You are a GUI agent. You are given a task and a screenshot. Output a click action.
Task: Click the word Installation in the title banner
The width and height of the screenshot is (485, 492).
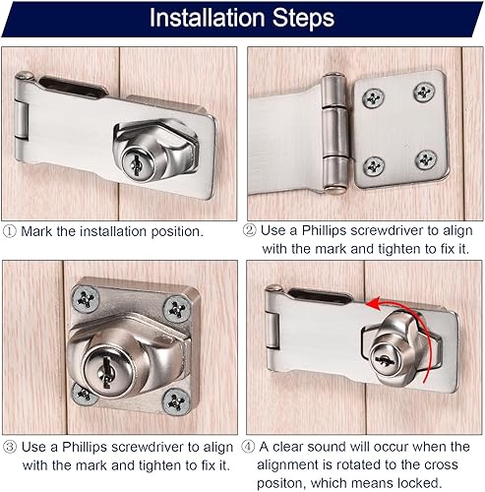tap(207, 18)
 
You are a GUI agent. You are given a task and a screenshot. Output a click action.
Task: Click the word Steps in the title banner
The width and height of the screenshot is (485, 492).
tap(303, 19)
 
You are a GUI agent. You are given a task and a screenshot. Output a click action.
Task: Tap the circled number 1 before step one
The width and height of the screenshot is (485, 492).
tap(9, 231)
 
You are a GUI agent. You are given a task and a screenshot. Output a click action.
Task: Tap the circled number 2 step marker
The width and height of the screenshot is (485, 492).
tap(249, 230)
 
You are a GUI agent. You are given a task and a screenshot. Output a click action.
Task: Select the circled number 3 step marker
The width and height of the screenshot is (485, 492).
tap(10, 447)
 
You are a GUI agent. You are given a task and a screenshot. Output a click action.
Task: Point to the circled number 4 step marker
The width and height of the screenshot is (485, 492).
tap(248, 447)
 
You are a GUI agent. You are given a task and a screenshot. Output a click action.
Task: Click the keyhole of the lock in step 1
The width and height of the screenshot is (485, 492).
tap(135, 163)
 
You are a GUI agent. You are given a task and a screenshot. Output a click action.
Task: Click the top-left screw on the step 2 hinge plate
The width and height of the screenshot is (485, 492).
tap(373, 97)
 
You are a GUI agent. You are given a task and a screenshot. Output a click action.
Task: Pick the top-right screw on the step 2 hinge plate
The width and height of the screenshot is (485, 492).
tap(424, 92)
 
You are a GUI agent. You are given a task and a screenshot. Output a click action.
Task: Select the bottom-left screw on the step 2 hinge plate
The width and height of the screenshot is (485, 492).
tap(374, 166)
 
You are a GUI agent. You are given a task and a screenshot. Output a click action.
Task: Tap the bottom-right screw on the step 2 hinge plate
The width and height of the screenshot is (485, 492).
tap(426, 160)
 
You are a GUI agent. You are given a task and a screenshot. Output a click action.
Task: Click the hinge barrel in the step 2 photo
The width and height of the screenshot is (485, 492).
tap(334, 132)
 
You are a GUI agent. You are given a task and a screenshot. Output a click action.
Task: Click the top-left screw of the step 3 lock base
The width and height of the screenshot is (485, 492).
tap(86, 299)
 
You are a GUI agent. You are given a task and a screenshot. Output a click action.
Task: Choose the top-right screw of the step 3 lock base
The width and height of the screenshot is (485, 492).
tap(177, 308)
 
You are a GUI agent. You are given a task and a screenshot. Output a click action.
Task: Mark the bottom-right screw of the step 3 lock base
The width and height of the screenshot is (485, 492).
tap(176, 401)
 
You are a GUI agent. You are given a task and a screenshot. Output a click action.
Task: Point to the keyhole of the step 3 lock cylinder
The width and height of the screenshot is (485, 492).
tap(106, 372)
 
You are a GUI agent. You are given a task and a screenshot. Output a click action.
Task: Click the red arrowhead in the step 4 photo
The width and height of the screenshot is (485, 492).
tap(374, 304)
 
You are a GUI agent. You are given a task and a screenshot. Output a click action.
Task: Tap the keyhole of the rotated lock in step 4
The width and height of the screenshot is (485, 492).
tap(385, 361)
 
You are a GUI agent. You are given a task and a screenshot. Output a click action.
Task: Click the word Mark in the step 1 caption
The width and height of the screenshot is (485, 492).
tap(36, 231)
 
